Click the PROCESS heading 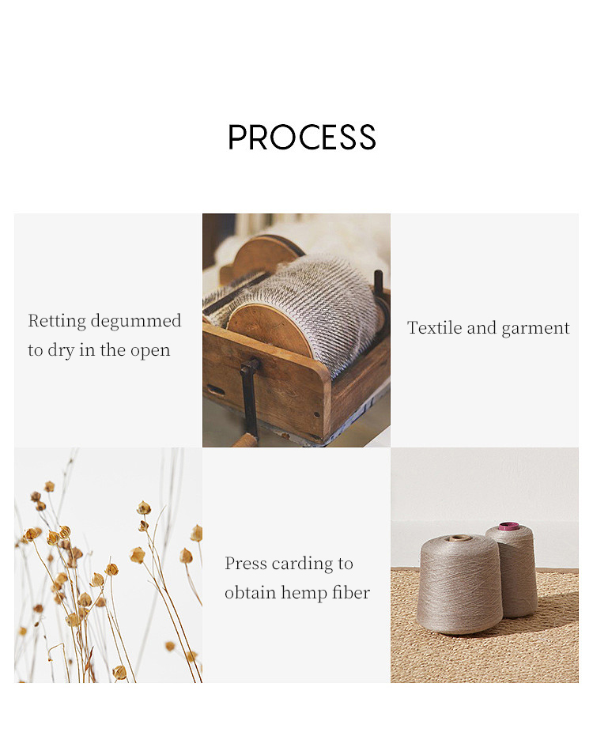(301, 137)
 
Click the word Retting (57, 321)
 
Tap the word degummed (136, 321)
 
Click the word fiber (351, 592)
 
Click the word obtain (251, 592)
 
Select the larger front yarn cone (459, 584)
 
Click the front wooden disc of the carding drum (269, 329)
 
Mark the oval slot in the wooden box (216, 390)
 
